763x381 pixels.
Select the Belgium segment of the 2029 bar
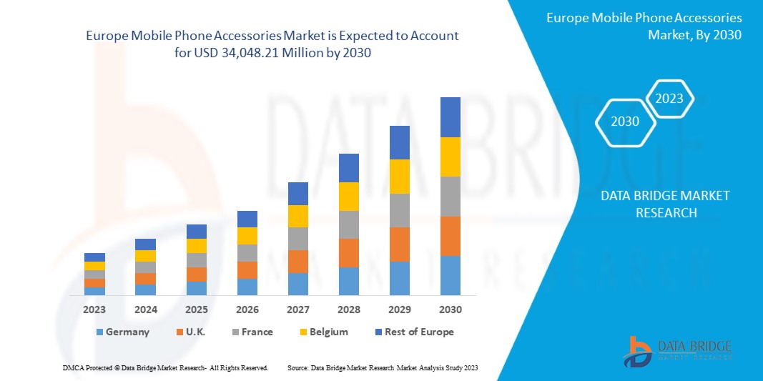[399, 177]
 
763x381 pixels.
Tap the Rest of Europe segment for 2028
[348, 168]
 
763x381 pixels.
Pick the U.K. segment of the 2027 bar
[297, 262]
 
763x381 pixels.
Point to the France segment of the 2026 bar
[247, 253]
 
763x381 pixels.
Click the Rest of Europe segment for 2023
[94, 257]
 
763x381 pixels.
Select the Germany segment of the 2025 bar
[196, 288]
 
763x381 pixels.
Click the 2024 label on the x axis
[145, 310]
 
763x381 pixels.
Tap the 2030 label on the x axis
[450, 310]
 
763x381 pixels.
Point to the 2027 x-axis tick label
[297, 310]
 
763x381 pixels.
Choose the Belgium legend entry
[323, 332]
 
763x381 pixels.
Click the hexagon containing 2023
[669, 99]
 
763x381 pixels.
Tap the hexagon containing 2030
[625, 122]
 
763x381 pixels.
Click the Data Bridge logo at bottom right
[677, 352]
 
